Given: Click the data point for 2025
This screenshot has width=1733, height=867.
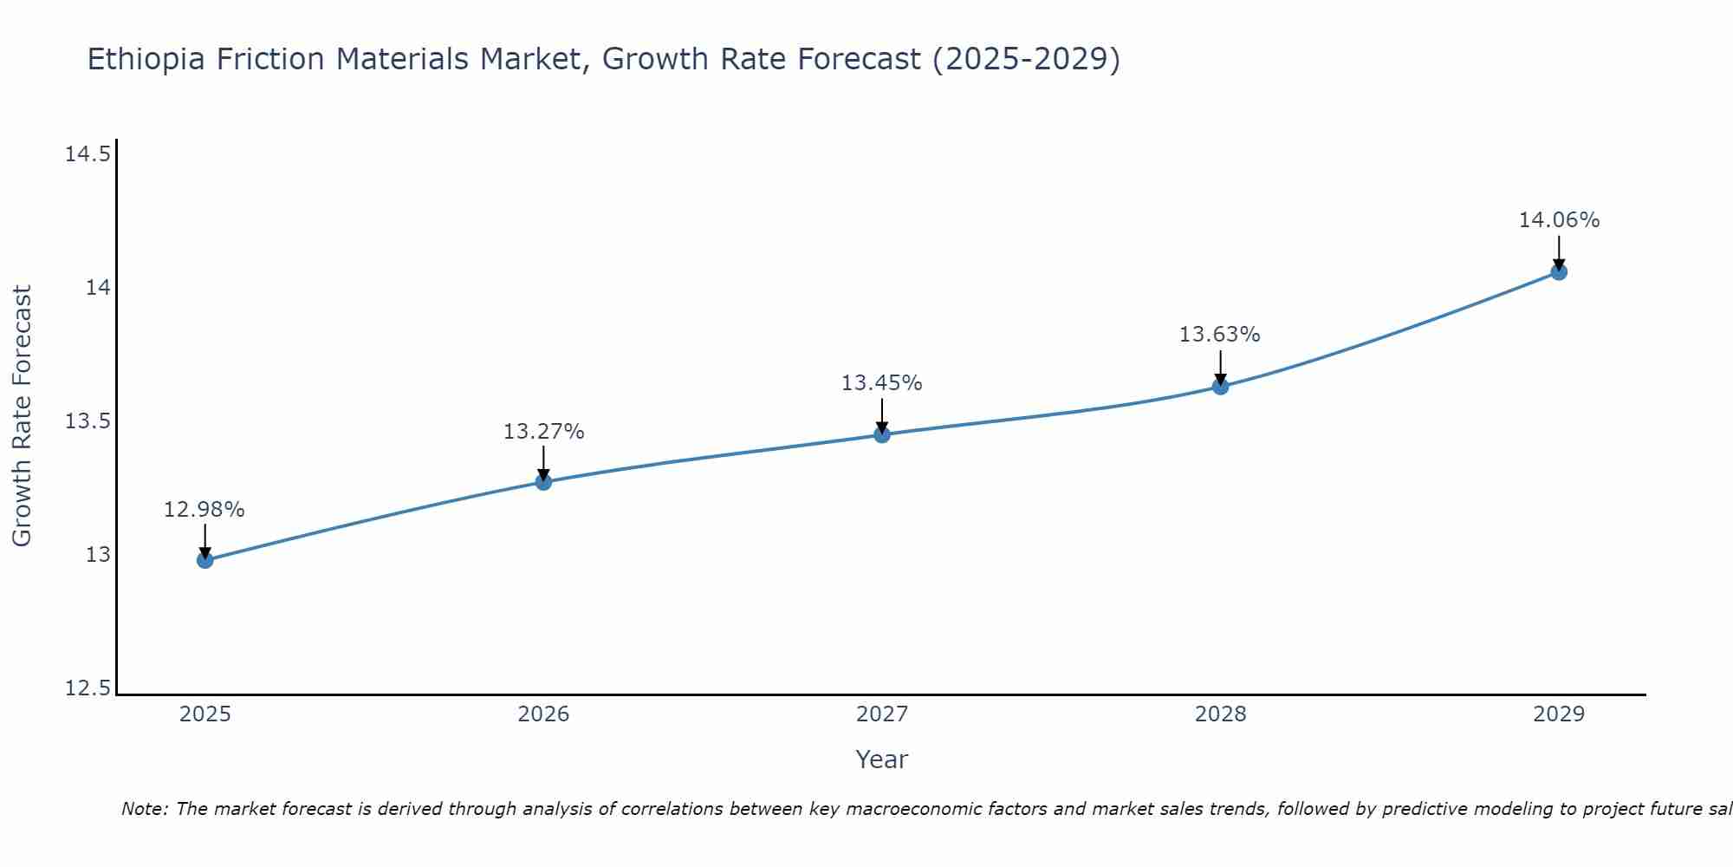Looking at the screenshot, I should click(204, 560).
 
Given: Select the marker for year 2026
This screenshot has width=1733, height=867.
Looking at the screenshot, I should click(543, 482).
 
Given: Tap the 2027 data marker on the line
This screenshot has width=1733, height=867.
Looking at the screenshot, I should click(882, 434).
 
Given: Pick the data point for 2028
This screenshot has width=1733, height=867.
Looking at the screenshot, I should click(1220, 387).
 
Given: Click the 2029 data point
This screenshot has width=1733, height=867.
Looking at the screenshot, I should click(1558, 272).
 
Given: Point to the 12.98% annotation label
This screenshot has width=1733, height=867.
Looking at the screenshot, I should click(204, 510).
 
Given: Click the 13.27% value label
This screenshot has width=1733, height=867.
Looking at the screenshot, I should click(543, 432).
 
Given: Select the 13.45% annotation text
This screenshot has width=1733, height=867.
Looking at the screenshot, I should click(882, 383).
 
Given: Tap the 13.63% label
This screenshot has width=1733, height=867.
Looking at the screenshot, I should click(1220, 335).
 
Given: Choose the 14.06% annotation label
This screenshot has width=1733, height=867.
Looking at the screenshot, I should click(1558, 220).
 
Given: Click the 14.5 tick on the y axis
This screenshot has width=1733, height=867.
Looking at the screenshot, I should click(88, 155).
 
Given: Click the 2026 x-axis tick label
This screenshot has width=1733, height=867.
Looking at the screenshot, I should click(543, 714).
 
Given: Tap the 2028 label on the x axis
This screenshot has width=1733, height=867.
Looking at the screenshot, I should click(1220, 714).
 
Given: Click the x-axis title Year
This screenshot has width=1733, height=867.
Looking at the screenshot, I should click(881, 759).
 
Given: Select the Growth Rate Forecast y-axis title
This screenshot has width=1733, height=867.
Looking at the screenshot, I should click(23, 416).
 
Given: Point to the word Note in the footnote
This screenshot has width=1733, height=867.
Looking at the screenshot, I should click(144, 809).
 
